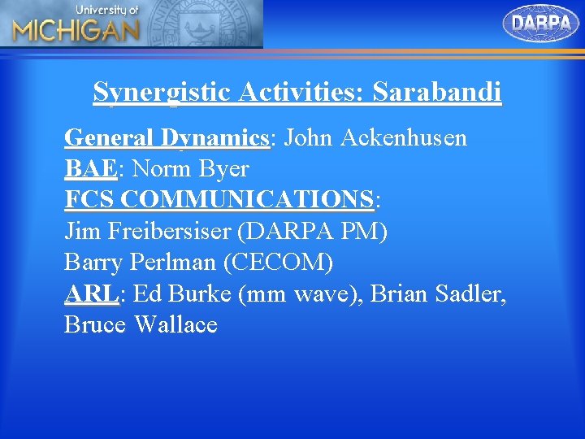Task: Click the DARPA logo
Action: coord(541,24)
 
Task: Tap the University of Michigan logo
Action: coord(76,24)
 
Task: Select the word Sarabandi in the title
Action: coord(437,93)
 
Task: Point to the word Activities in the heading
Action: coord(302,93)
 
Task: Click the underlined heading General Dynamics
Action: coord(167,137)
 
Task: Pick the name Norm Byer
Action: coord(190,169)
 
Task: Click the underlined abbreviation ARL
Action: coord(91,293)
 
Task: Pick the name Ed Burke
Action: coord(182,293)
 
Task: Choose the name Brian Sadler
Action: coord(437,293)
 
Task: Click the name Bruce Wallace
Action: coord(141,324)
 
